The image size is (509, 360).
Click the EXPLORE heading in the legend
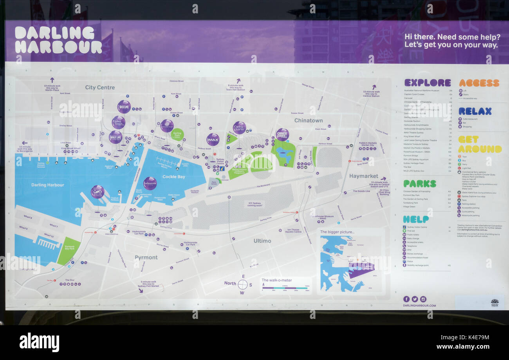tap(427, 83)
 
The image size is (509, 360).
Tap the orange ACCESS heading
tap(479, 83)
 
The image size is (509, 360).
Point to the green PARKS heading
tap(419, 184)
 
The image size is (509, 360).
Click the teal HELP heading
tap(416, 219)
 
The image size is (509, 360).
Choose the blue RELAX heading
tap(475, 111)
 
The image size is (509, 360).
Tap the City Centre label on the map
tap(100, 87)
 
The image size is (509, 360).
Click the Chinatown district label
tap(309, 120)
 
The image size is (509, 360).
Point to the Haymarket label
tap(364, 176)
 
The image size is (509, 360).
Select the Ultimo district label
tap(262, 241)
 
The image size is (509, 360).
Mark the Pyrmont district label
tap(146, 257)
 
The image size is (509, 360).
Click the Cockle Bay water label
tap(173, 177)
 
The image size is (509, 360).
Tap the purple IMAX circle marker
tap(213, 139)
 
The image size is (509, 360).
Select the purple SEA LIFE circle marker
tap(124, 107)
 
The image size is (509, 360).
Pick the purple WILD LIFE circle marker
tap(116, 137)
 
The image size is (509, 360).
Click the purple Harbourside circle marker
tap(150, 183)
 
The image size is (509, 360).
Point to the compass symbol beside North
tap(242, 284)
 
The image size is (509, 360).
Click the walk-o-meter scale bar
tap(286, 288)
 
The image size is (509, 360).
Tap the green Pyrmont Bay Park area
tap(69, 251)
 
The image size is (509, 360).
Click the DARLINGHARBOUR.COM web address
tap(419, 306)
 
